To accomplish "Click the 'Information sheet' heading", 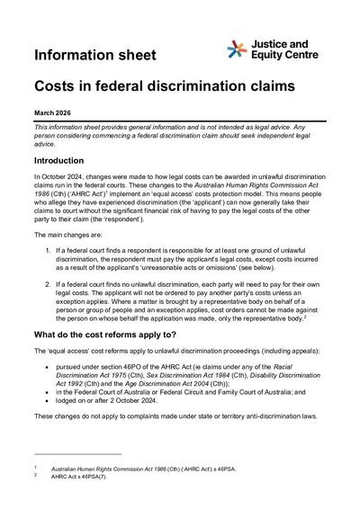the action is tap(91, 57).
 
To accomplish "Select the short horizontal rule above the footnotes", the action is tap(76, 455).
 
